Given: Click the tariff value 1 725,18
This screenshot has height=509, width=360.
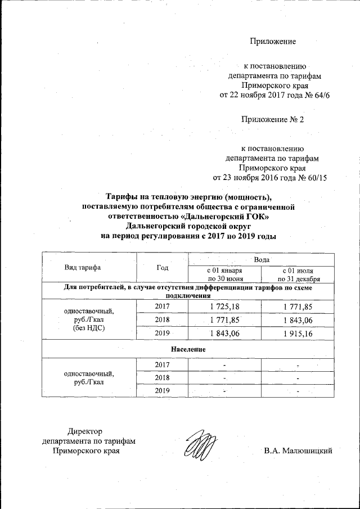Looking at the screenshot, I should tap(224, 306).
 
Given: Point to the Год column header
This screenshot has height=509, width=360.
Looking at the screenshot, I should tap(163, 267).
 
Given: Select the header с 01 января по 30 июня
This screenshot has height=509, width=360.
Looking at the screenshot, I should tap(224, 274).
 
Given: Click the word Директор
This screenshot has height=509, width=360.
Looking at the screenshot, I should tap(84, 431).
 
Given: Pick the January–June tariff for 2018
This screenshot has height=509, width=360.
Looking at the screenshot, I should tap(224, 320).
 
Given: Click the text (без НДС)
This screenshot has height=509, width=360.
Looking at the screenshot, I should tap(90, 327).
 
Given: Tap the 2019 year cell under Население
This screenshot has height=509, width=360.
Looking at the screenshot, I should tap(162, 390).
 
